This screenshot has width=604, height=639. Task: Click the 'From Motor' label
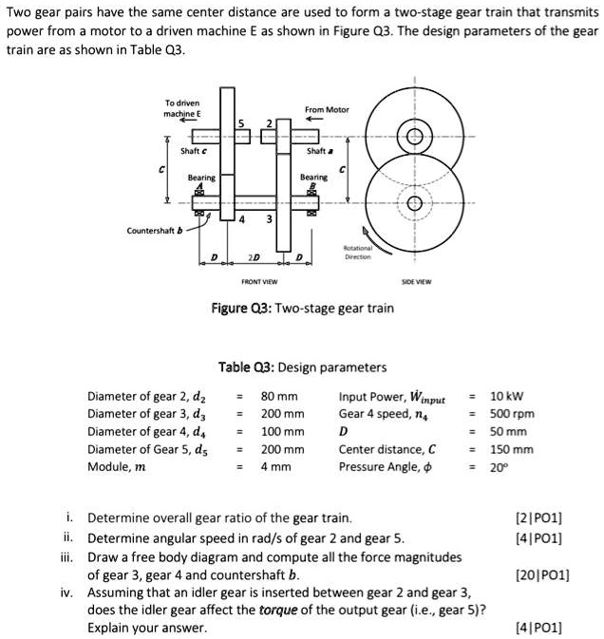pyautogui.click(x=327, y=110)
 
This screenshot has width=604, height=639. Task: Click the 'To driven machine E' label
pyautogui.click(x=181, y=108)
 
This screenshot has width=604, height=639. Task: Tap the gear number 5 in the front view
pyautogui.click(x=241, y=122)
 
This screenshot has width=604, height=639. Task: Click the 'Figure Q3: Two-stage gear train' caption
pyautogui.click(x=302, y=308)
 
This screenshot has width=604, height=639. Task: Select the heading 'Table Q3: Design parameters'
pyautogui.click(x=302, y=366)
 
